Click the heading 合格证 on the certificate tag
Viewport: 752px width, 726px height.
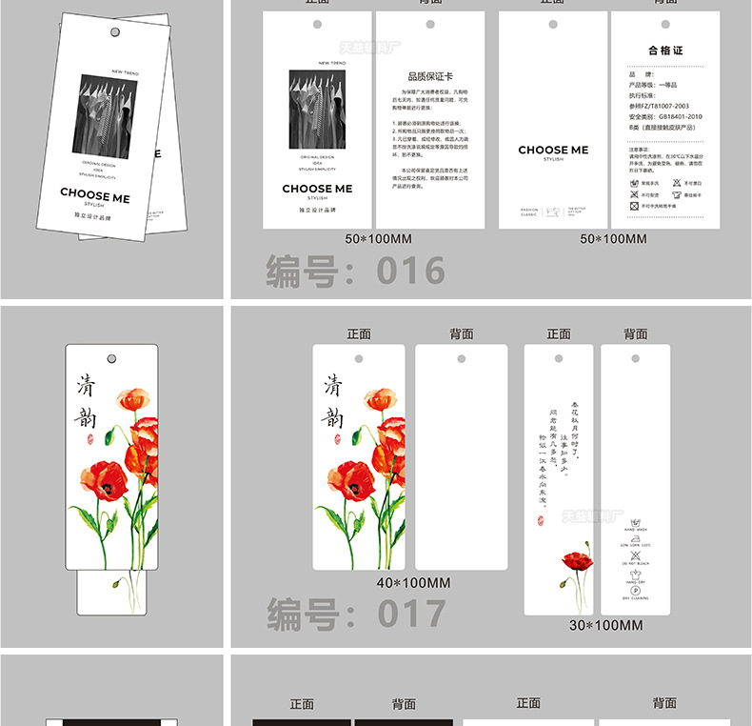tap(665, 50)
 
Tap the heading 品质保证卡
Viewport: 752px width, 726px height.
tap(430, 76)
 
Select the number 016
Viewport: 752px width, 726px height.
tap(410, 272)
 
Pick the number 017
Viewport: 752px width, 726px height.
tap(411, 613)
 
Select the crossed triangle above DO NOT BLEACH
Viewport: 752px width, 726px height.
tap(635, 555)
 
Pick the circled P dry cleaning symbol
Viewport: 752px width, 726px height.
tap(635, 591)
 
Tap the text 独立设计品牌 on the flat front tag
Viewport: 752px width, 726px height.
tap(317, 209)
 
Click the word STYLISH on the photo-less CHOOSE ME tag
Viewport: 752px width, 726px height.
tap(553, 160)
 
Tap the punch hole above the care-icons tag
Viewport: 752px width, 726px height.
tap(635, 358)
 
